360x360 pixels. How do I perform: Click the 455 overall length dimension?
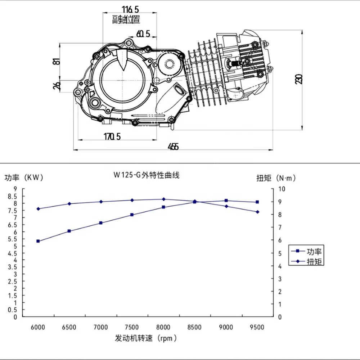coord(173,147)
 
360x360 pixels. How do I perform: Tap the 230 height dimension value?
coord(299,79)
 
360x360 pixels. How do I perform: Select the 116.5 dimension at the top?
coord(130,10)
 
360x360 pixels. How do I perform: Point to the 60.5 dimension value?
coord(143,34)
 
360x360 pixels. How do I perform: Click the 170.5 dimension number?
coord(112,136)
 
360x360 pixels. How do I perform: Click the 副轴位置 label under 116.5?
coord(126,20)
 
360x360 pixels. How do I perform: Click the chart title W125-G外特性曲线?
coord(147,175)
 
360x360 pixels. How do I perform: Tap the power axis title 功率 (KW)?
coord(24,177)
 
